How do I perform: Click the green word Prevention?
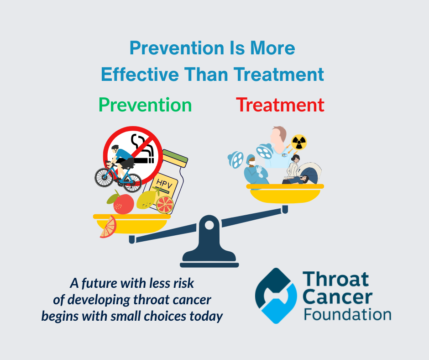145,105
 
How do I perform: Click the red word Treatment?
280,105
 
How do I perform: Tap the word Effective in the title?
140,74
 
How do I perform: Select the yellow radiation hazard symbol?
299,143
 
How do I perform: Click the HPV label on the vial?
164,183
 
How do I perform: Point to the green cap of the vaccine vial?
175,159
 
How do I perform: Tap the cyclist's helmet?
115,148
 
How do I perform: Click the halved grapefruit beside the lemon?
165,205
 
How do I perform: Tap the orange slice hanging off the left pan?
109,227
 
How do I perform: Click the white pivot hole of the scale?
209,226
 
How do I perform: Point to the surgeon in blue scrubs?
255,170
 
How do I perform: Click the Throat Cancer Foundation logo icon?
276,296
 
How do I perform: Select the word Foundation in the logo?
347,314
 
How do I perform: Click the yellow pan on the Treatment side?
285,193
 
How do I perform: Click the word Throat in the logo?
336,279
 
